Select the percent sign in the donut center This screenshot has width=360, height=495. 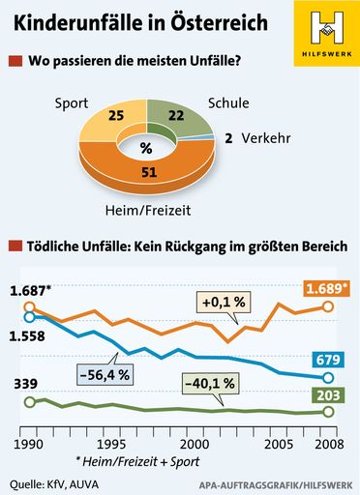pos(146,148)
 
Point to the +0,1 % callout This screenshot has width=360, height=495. pos(225,302)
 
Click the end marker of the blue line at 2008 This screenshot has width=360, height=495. pos(327,377)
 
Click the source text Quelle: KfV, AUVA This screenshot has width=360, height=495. pos(54,483)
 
